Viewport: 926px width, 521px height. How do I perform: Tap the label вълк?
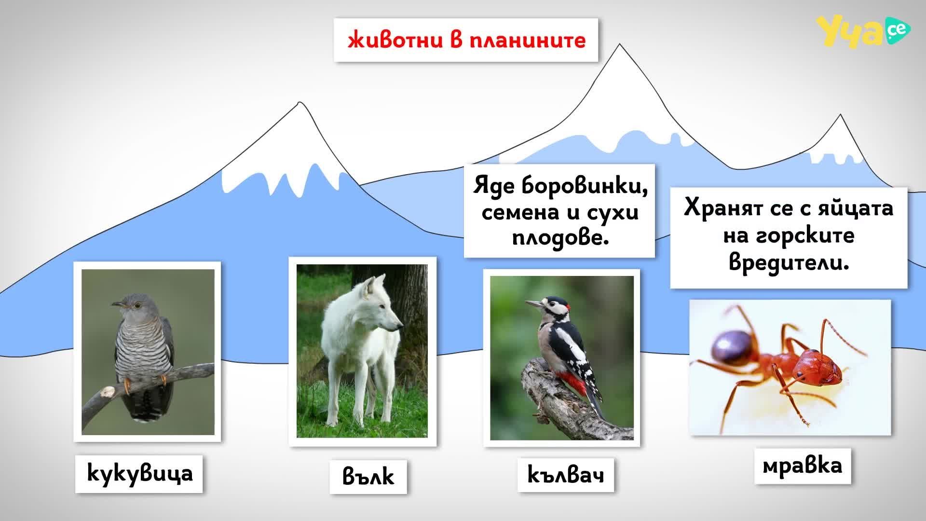tap(368, 476)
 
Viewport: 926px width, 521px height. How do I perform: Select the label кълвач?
tap(566, 475)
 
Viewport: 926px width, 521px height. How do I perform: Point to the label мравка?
tap(803, 466)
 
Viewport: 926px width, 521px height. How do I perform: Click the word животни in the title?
tap(395, 40)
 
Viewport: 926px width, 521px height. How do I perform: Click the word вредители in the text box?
tap(789, 263)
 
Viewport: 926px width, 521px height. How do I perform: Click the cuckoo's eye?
tap(137, 305)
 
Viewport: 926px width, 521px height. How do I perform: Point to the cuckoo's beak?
tap(118, 304)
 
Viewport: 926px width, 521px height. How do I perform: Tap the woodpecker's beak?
tap(533, 304)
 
